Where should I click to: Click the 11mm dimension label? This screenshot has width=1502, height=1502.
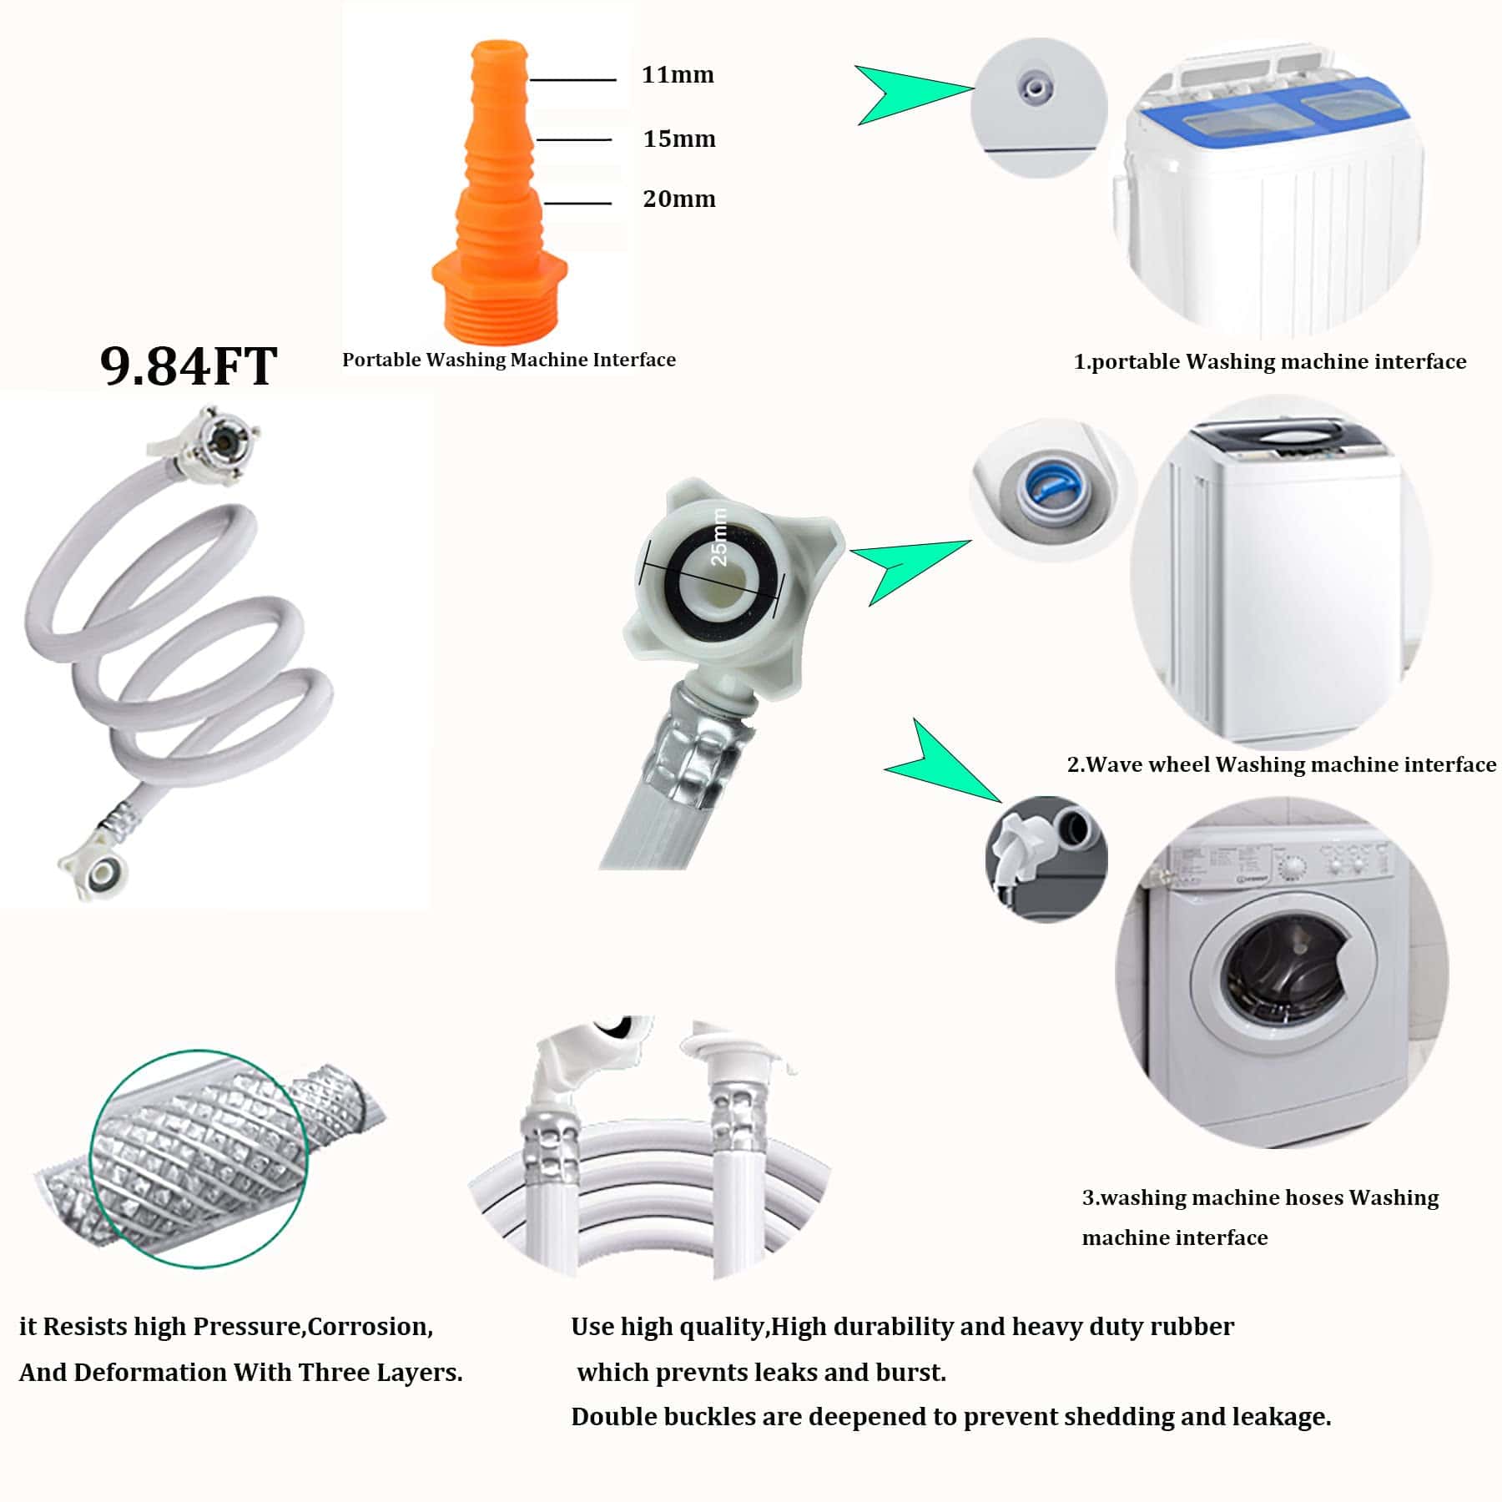tap(678, 75)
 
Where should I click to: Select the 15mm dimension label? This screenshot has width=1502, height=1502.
tap(679, 139)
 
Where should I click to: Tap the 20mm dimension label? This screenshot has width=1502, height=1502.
tap(679, 199)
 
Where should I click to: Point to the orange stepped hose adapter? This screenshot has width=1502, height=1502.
tap(499, 192)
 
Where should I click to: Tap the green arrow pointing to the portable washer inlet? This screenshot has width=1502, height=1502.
tap(915, 94)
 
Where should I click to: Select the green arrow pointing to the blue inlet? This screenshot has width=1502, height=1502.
tap(910, 570)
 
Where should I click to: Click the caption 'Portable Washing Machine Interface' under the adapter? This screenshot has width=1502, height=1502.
tap(509, 360)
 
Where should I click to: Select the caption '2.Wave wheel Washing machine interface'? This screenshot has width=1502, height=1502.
tap(1282, 764)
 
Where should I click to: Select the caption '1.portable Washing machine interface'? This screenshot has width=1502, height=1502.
tap(1270, 361)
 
